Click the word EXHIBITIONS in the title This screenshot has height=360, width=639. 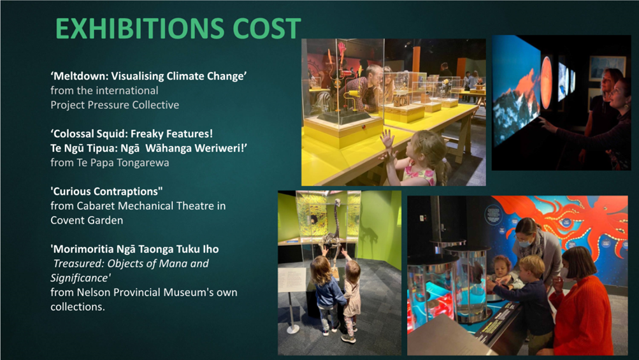[x=140, y=29]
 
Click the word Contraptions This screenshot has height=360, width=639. [x=128, y=192]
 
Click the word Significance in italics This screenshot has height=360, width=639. [x=80, y=278]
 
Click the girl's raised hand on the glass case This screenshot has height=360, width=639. [x=387, y=140]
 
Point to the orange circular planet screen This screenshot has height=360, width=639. [x=547, y=82]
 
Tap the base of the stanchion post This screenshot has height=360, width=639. [x=292, y=329]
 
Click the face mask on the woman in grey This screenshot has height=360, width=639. [x=524, y=243]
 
